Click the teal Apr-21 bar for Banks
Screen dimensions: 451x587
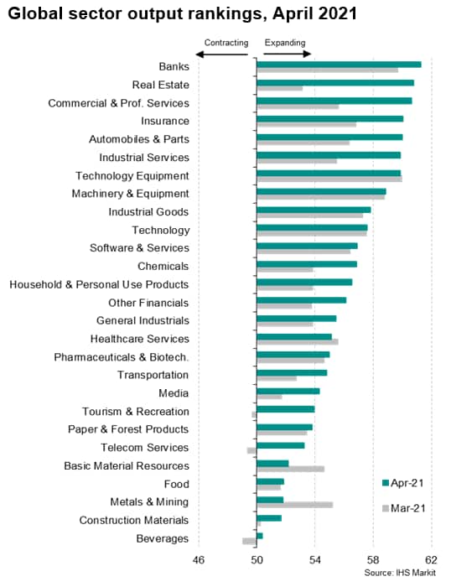click(340, 65)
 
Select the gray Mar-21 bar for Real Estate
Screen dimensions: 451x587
click(280, 88)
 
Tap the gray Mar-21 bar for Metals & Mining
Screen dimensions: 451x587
click(295, 505)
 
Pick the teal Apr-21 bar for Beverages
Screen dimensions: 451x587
click(260, 536)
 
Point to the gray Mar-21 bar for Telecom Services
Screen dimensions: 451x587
click(251, 450)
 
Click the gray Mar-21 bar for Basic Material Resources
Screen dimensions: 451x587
click(291, 469)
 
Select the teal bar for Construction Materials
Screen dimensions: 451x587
click(269, 518)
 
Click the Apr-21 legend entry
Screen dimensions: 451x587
click(403, 483)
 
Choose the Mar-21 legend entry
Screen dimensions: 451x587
click(403, 508)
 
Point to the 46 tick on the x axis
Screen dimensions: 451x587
click(199, 559)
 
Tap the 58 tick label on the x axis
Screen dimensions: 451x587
click(373, 559)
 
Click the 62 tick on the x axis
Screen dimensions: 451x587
click(432, 559)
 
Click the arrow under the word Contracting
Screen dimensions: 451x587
click(222, 55)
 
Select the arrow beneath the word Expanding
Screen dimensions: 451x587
click(287, 54)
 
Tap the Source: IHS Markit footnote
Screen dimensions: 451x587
click(400, 573)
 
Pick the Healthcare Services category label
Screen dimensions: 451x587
click(140, 339)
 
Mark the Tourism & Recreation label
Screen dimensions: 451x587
click(136, 412)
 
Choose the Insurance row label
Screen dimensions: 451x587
click(165, 121)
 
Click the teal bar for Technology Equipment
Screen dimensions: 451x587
click(329, 174)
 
